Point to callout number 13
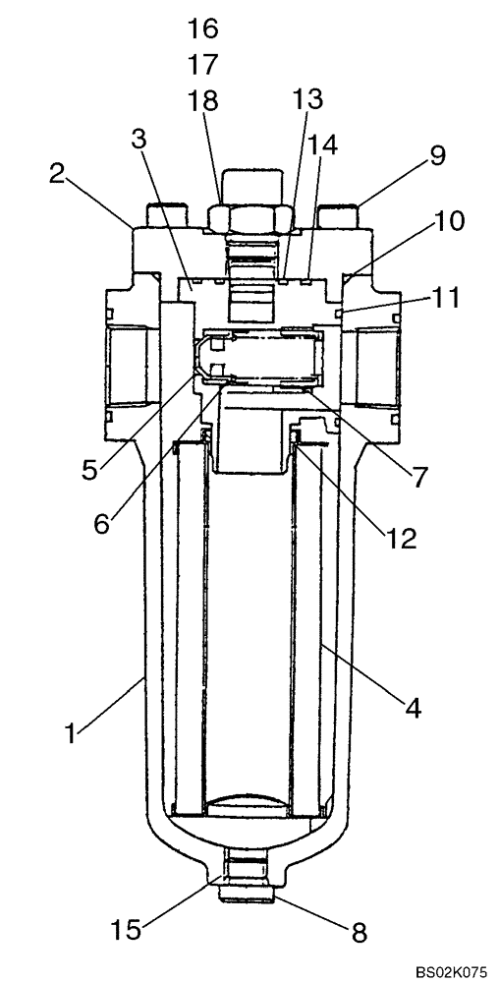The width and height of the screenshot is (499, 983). point(306,99)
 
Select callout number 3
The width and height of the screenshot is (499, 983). point(139,139)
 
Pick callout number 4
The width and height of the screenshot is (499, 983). point(414,708)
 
